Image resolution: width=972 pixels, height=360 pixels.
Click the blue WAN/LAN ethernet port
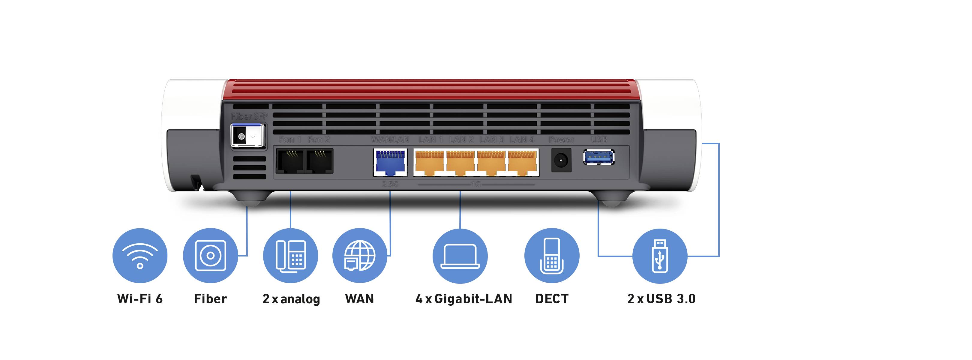tap(390, 162)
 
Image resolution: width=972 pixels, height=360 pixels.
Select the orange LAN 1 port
tap(429, 163)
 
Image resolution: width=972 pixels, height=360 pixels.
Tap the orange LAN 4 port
tap(523, 163)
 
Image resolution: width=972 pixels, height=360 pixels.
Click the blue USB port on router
tap(599, 157)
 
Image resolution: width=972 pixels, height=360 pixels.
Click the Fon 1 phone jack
tap(290, 161)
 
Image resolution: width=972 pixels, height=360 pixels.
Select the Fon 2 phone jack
tap(319, 161)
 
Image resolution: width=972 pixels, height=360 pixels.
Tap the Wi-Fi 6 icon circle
tap(140, 256)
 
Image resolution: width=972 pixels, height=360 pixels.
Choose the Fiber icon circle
tap(210, 256)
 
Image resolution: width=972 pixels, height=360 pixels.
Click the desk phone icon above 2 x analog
tap(290, 256)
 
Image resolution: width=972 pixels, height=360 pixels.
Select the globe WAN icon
tap(360, 256)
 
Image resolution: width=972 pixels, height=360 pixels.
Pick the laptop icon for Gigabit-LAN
tap(460, 256)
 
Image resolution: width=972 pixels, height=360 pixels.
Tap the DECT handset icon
tap(552, 256)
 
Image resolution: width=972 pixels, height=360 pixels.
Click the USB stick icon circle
tap(660, 256)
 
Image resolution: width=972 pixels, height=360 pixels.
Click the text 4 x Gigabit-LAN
tap(464, 299)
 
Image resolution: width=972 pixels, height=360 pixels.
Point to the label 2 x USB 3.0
tap(661, 299)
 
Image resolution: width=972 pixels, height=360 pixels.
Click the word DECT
tap(552, 299)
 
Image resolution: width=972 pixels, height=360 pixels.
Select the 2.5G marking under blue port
tap(390, 184)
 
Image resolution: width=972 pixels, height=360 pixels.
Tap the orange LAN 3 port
tap(491, 163)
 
